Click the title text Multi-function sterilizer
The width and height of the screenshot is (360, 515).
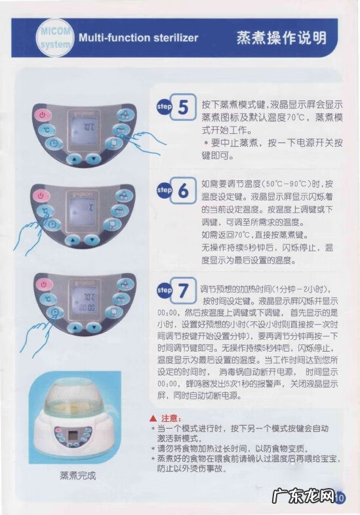138,37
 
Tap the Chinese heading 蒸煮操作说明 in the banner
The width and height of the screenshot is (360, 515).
281,37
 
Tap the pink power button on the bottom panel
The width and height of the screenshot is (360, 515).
44,284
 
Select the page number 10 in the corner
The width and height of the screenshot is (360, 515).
339,497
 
